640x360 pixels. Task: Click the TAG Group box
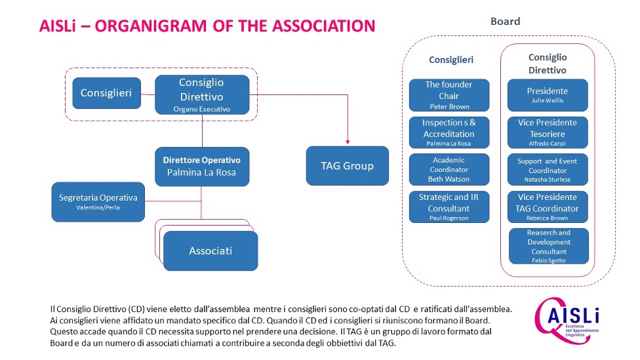click(347, 166)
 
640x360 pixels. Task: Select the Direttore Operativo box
click(202, 167)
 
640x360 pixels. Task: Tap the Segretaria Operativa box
click(98, 202)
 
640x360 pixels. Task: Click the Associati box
click(210, 250)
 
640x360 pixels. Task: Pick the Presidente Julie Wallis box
click(548, 95)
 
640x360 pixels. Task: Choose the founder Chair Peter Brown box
click(449, 95)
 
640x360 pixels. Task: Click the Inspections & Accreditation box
click(449, 132)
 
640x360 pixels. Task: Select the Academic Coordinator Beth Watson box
click(449, 169)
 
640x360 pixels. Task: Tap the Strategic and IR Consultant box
click(449, 207)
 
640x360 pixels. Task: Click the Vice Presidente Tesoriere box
click(548, 132)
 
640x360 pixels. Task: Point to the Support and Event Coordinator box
click(548, 169)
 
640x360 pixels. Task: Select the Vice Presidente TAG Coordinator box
click(548, 207)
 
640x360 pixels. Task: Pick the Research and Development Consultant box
click(549, 246)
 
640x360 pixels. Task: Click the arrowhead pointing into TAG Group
click(348, 142)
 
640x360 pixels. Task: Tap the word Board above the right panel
click(506, 21)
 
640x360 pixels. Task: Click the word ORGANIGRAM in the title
click(151, 26)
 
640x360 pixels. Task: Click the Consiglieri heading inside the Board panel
click(451, 60)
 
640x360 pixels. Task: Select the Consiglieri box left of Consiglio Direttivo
click(106, 93)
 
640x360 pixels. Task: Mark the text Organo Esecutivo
click(201, 109)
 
